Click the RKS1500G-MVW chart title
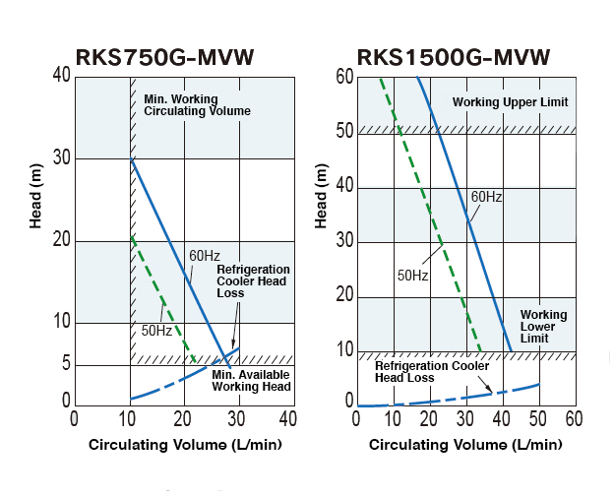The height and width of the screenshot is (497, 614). point(454,55)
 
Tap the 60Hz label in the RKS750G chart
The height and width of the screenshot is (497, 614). point(205,257)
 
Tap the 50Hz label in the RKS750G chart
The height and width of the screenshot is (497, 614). point(155,330)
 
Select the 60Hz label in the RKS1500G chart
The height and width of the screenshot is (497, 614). point(486,197)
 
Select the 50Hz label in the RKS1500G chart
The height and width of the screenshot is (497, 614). point(412,276)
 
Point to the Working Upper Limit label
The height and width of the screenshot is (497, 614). point(510,102)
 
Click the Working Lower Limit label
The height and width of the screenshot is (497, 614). point(543,327)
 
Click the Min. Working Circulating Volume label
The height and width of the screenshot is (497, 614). point(197,105)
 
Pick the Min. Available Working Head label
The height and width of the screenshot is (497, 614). point(252,380)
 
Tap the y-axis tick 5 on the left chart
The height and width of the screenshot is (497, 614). point(65,364)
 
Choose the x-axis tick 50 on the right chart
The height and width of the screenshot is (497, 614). point(538,419)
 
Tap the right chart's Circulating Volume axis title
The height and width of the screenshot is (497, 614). point(465,445)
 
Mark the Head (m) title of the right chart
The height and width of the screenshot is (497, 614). point(320,197)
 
